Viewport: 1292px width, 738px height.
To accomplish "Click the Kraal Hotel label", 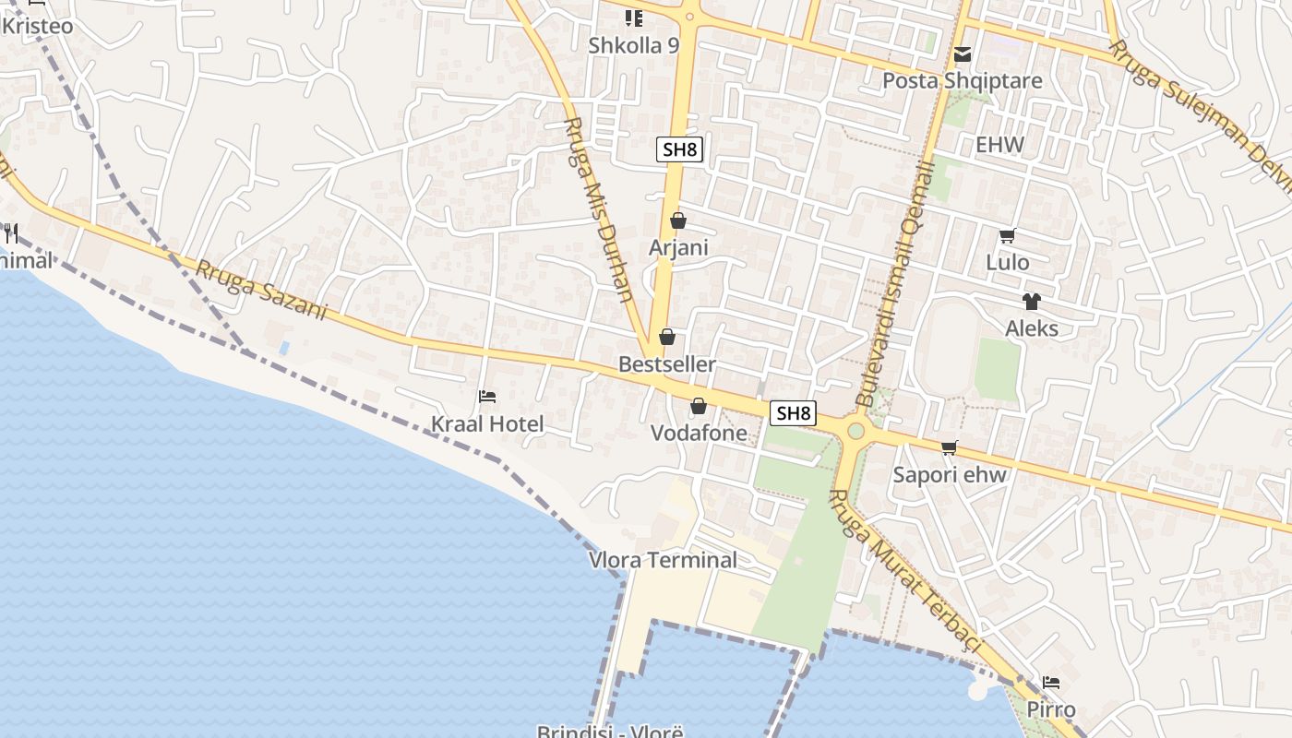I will (x=487, y=424).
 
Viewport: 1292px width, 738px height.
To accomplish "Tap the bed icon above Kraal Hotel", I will (x=487, y=397).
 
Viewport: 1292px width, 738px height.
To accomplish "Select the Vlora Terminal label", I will (x=663, y=560).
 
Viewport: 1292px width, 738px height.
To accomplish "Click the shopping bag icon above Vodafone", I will (x=699, y=406).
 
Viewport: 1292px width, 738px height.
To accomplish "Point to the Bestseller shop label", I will (x=666, y=364).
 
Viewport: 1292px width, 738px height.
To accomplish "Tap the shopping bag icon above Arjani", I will (x=678, y=220).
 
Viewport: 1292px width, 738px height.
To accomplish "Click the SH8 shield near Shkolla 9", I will (x=679, y=149).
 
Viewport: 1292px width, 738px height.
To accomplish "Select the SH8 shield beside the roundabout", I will (x=793, y=413).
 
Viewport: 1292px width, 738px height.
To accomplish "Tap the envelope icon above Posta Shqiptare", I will (x=963, y=54).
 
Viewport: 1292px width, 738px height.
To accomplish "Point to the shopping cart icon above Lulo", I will (x=1007, y=236).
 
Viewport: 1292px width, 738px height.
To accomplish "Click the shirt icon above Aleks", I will (x=1031, y=302).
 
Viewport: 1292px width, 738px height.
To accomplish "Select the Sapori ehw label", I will (x=950, y=475).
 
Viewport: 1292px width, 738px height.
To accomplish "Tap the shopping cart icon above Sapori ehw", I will (x=949, y=448).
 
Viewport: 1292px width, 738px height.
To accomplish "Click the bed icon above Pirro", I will (x=1050, y=684).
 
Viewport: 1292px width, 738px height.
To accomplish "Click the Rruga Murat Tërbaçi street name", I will (x=903, y=571).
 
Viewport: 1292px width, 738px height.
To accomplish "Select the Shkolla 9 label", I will (x=633, y=44).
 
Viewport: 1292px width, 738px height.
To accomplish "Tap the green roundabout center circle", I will (x=855, y=431).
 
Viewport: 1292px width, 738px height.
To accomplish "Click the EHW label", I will (x=999, y=145).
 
